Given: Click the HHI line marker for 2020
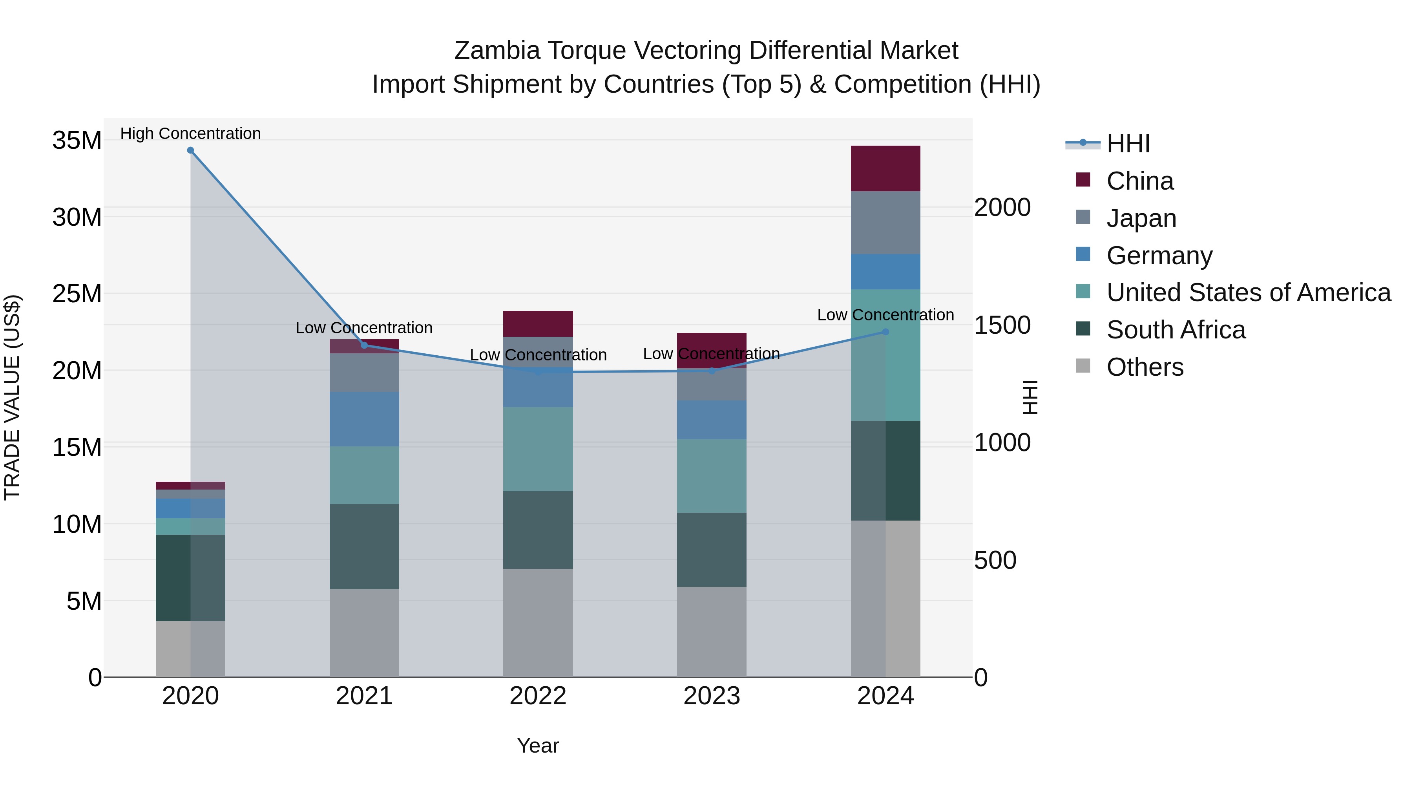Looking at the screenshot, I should [190, 150].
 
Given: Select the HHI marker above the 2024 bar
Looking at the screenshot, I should [885, 332].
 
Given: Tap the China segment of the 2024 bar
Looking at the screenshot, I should [885, 168].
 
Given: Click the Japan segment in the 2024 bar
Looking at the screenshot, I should [885, 223].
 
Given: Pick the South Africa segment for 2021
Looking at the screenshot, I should [364, 546].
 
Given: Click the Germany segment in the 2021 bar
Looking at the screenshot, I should [364, 419].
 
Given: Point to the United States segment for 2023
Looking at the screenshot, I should [712, 476].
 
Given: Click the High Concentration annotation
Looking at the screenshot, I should [190, 133].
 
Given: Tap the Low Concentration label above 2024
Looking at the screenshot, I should [885, 315].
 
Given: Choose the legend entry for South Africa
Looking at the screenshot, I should [1176, 330].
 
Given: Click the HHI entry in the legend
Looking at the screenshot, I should [1128, 144].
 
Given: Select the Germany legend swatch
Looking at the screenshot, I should [1083, 254].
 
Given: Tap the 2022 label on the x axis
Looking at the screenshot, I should [538, 696].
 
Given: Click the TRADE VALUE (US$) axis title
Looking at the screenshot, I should [12, 397].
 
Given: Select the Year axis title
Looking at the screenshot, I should [538, 746].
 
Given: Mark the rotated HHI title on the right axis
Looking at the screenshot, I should [1030, 397].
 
